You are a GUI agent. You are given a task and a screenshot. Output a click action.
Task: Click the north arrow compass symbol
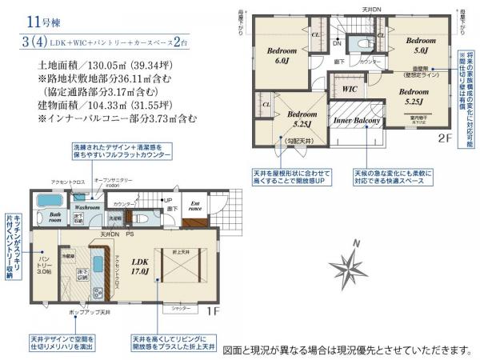coord(349,264)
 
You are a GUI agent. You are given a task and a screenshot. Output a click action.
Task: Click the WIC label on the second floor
coord(350,89)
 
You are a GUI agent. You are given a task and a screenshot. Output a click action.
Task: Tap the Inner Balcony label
coord(355,120)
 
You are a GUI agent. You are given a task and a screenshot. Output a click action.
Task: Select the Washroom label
coord(90,207)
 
